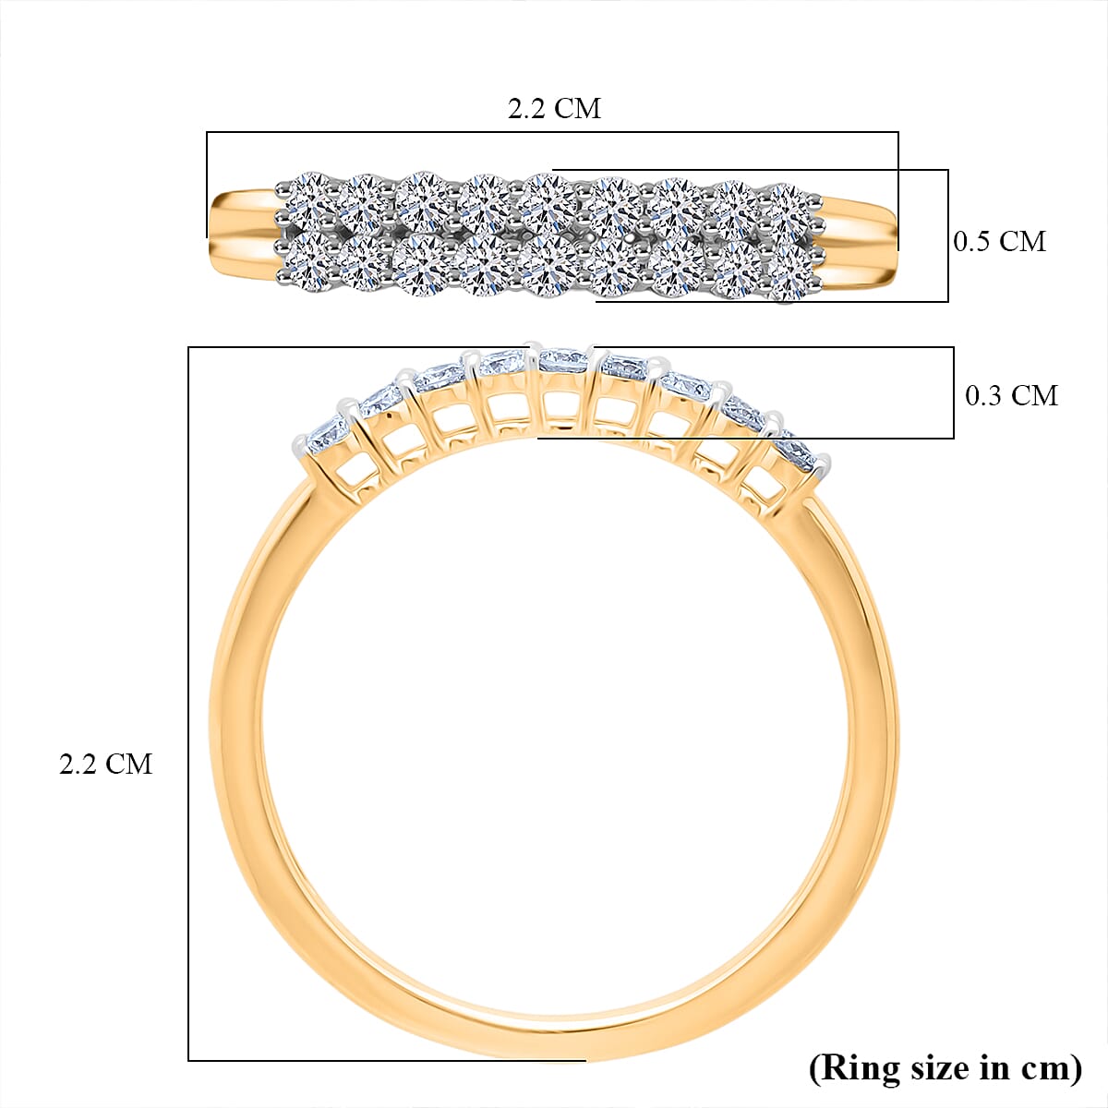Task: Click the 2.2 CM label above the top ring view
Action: pos(554,109)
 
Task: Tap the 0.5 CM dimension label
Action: pos(999,242)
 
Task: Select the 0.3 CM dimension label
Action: pos(1011,396)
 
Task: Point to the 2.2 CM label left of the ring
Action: pos(105,765)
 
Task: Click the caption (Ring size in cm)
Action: pos(945,1068)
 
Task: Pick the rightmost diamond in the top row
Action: pos(788,204)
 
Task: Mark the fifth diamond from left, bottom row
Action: pos(549,268)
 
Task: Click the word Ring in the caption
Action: pos(860,1068)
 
